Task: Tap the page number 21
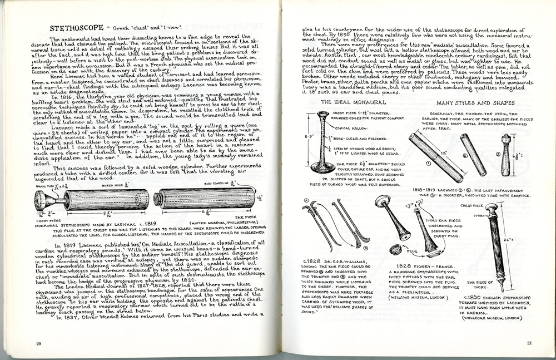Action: pos(530,342)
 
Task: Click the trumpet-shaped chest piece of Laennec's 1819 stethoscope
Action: pos(43,200)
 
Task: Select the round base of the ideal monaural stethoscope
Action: pos(322,168)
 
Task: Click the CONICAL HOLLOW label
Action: pos(349,127)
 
